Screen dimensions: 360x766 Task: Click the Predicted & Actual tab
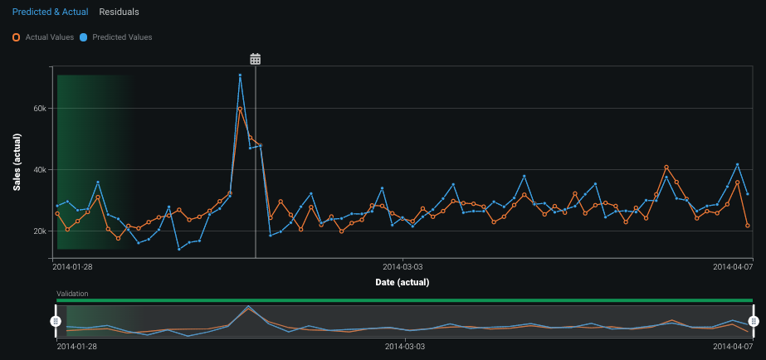[x=50, y=12]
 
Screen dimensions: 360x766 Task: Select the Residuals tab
[x=119, y=12]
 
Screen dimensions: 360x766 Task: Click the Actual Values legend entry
[x=44, y=37]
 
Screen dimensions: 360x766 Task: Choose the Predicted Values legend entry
[x=117, y=37]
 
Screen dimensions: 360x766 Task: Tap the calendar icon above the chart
[x=256, y=59]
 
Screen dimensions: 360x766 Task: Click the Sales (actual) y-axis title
[x=17, y=162]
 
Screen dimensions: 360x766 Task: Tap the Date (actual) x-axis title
[x=402, y=283]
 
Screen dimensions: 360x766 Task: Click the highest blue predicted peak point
[x=240, y=75]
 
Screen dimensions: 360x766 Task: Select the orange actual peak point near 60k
[x=240, y=109]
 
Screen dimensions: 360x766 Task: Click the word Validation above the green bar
[x=72, y=294]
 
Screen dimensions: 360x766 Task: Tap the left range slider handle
[x=56, y=321]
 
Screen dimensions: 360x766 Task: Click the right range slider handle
[x=754, y=321]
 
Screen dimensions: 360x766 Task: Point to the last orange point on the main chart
[x=748, y=226]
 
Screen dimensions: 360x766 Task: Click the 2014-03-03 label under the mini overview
[x=403, y=346]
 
